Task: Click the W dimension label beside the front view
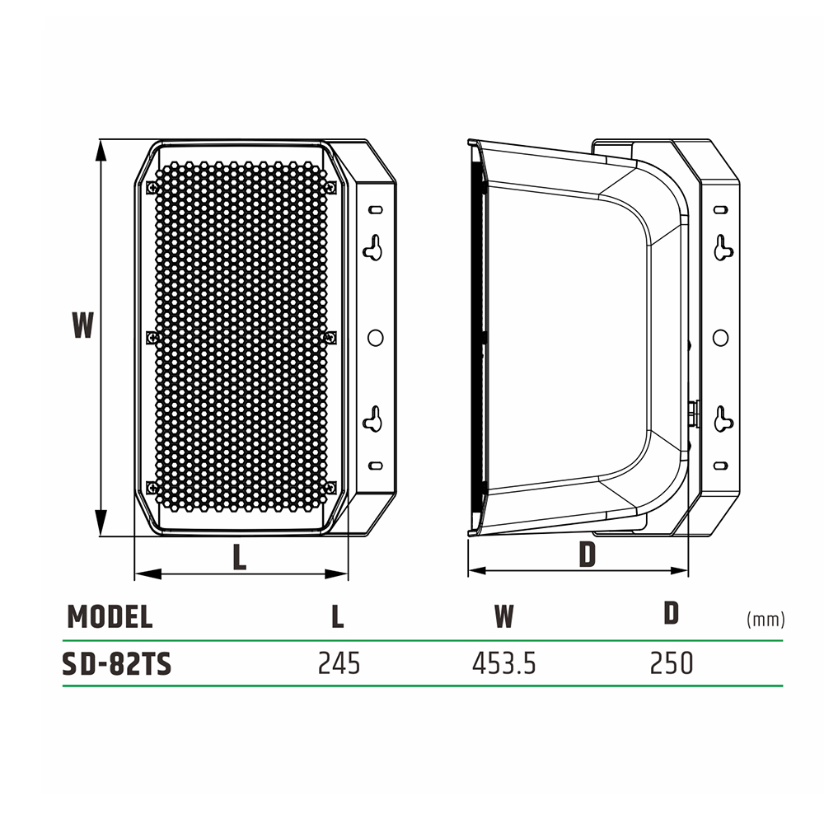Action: (x=83, y=325)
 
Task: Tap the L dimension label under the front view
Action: (x=240, y=557)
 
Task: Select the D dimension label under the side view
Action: (x=587, y=554)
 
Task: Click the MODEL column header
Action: (x=110, y=616)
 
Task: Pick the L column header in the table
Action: (x=337, y=616)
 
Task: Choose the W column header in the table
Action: (x=504, y=616)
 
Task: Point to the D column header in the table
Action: (x=671, y=613)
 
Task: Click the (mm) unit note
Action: (x=765, y=620)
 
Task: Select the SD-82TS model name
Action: (x=117, y=663)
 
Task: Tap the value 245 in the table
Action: (x=339, y=663)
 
